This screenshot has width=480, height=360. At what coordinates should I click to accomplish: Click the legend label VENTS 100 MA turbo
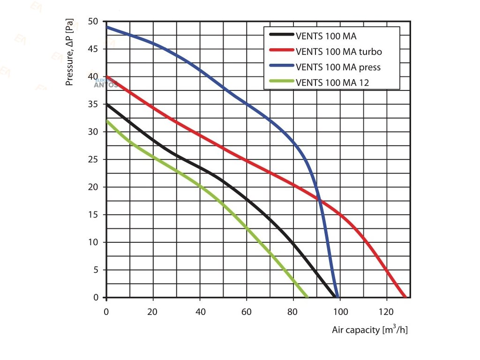pos(339,51)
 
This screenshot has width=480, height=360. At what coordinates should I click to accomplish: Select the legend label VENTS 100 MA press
pos(338,67)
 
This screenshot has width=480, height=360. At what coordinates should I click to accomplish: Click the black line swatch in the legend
pos(281,35)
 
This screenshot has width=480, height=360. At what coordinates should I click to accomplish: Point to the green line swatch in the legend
pos(281,82)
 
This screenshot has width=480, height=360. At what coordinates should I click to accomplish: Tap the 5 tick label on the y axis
pos(96,270)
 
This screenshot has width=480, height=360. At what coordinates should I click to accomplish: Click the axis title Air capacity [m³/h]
pos(370,330)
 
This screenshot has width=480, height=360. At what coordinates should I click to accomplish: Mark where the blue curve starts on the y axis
pos(107,27)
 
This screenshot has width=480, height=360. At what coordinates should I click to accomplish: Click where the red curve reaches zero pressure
pos(405,297)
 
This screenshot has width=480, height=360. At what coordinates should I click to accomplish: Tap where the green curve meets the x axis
pos(307,297)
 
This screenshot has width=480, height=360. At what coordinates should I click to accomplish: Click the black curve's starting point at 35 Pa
pos(107,105)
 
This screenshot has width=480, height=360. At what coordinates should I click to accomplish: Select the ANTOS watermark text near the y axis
pos(106,85)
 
